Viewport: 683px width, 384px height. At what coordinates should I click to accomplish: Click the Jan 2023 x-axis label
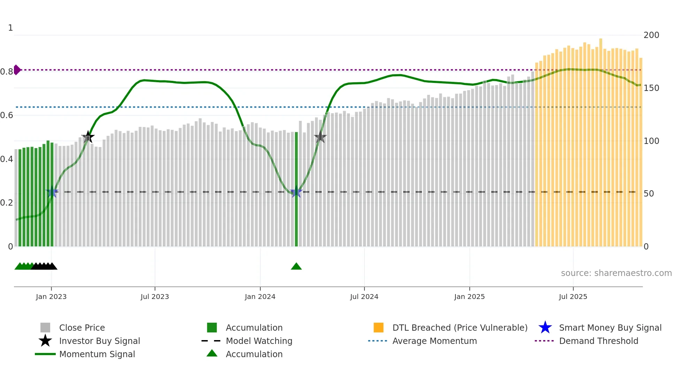click(51, 297)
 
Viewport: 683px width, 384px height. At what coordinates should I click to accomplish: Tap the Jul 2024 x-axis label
click(364, 297)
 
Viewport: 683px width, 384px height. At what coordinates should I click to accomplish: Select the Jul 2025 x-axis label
click(573, 297)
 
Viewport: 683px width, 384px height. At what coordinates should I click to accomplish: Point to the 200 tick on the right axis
click(651, 35)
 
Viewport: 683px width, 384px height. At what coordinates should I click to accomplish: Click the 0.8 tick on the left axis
click(7, 72)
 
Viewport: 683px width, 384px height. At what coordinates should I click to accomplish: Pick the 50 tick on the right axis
click(649, 194)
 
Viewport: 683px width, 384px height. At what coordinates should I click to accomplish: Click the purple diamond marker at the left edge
click(17, 70)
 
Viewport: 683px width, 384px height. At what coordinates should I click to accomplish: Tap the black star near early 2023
click(88, 137)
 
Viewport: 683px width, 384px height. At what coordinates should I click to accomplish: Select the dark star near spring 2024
click(320, 137)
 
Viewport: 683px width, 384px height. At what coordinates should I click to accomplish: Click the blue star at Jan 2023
click(52, 192)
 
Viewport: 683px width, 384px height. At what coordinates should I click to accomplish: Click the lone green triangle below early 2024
click(296, 267)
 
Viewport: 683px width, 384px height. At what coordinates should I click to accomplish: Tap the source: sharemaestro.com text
click(616, 273)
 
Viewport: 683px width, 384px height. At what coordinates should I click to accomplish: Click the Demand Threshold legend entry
click(598, 341)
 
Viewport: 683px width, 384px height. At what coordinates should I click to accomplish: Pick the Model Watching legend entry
click(259, 341)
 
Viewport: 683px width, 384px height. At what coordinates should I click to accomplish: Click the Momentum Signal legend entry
click(97, 354)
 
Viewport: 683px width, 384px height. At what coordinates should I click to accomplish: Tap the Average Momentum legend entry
click(434, 341)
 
